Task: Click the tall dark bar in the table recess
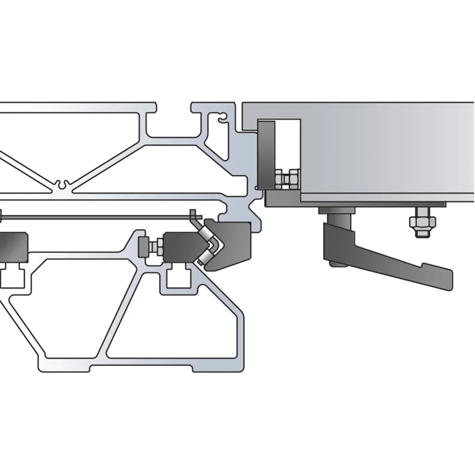pos(266,154)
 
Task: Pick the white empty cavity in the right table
pos(288,142)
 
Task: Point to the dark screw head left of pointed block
pos(143,248)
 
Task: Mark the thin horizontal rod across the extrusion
pos(99,217)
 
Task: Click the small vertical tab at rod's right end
pos(193,214)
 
